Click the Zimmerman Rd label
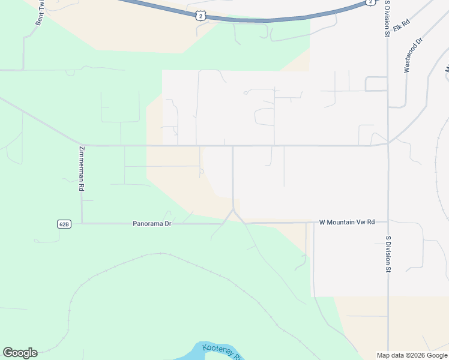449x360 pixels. pyautogui.click(x=81, y=169)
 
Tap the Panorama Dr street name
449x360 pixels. pyautogui.click(x=152, y=224)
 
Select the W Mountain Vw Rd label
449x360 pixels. pyautogui.click(x=346, y=222)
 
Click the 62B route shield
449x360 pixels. pyautogui.click(x=64, y=224)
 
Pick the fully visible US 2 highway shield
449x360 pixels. pyautogui.click(x=200, y=16)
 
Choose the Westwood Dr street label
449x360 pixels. pyautogui.click(x=414, y=55)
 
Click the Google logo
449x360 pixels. pyautogui.click(x=20, y=353)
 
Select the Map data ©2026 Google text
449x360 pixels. pyautogui.click(x=412, y=355)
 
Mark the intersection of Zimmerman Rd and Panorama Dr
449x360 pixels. pyautogui.click(x=82, y=224)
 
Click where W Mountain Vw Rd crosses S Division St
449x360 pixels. pyautogui.click(x=388, y=223)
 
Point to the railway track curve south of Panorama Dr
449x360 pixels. pyautogui.click(x=150, y=254)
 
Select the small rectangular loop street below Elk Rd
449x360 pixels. pyautogui.click(x=376, y=84)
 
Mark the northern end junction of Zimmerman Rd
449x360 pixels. pyautogui.click(x=81, y=145)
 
